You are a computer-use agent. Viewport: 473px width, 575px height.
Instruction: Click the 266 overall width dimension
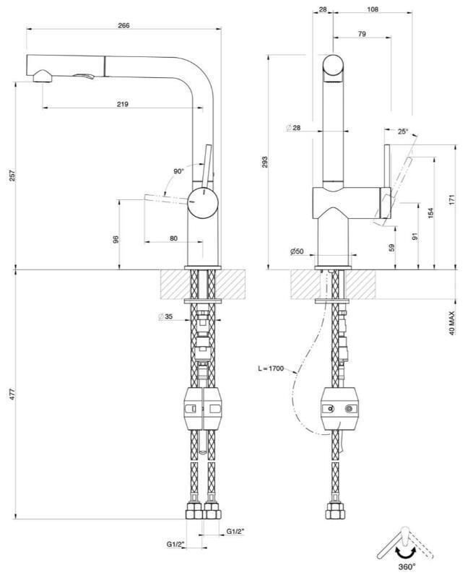124,26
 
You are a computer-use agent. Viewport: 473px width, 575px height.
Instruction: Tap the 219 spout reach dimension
123,104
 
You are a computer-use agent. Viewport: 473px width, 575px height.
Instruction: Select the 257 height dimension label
12,176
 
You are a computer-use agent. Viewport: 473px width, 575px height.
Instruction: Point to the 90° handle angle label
178,171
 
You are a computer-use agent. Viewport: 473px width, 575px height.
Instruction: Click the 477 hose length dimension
12,394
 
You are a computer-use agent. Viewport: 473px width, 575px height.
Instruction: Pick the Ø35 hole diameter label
165,316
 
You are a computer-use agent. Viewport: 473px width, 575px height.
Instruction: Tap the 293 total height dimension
265,162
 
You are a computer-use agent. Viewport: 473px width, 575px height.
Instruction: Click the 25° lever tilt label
403,131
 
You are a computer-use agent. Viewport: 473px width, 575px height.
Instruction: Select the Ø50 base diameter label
297,251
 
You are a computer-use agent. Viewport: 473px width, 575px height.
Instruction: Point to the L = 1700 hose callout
271,368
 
